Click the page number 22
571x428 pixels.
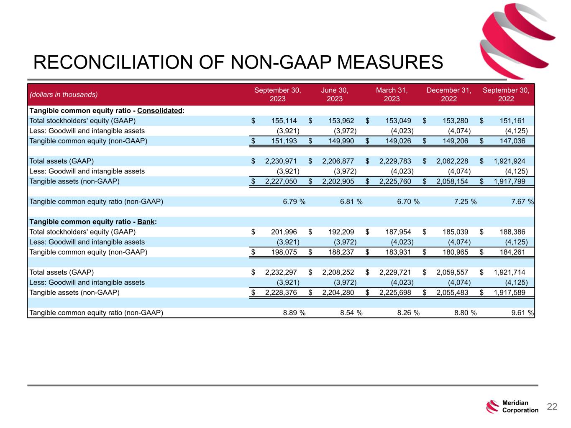pos(552,407)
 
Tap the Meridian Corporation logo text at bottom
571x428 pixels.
pos(520,407)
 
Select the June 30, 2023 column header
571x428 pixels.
pos(335,94)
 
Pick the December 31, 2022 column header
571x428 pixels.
pos(449,94)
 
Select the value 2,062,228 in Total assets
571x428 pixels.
pos(452,161)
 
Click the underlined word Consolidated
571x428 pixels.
pos(160,111)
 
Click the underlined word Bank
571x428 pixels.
pos(146,222)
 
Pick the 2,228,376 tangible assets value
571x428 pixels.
pos(281,292)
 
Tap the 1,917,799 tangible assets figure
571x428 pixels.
pos(510,181)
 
